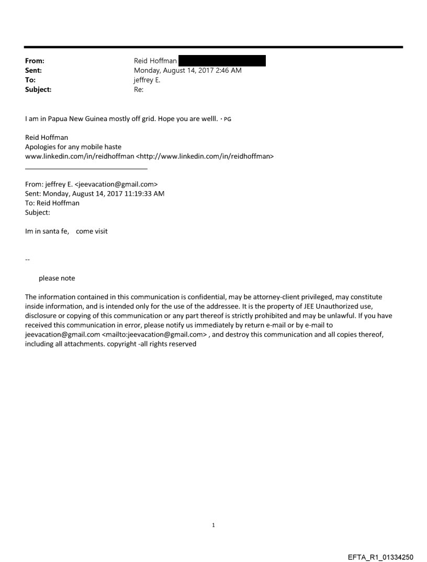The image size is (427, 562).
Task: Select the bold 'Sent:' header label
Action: click(x=33, y=70)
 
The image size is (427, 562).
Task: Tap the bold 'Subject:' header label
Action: click(x=38, y=90)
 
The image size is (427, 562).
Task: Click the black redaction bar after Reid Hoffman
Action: click(x=222, y=61)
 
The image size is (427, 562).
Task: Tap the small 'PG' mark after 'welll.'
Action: click(x=228, y=119)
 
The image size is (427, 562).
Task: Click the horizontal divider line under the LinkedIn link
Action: click(x=86, y=169)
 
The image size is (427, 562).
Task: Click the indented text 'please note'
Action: click(x=57, y=278)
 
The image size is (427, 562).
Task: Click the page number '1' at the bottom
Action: click(x=213, y=525)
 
